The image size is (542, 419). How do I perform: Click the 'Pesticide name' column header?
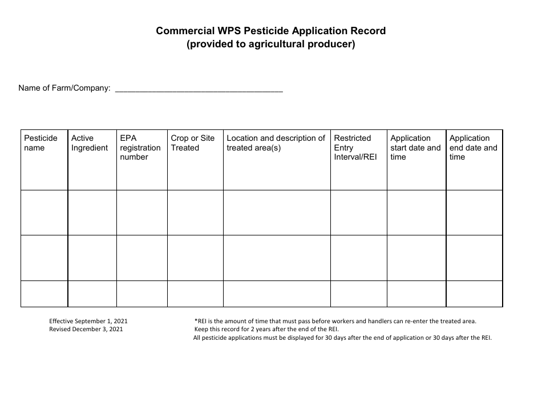coord(41,143)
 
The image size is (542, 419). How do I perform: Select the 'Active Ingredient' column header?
coord(89,143)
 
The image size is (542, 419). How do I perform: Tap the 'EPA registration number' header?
coord(140,148)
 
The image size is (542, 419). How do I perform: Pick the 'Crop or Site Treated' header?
coord(193,143)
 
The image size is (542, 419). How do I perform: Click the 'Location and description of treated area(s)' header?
coord(276,143)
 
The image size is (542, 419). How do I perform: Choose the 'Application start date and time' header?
coord(415,148)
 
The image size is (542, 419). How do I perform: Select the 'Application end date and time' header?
coord(473,148)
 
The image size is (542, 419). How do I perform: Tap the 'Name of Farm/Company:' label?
coord(64,88)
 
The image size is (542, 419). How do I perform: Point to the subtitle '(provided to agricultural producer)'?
coord(271,44)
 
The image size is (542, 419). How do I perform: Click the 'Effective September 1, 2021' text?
coord(92,322)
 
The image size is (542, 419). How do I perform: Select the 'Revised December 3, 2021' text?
coord(86,329)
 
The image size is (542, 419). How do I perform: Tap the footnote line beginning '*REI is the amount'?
coord(335,322)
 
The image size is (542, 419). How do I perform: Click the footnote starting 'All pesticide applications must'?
coord(342,337)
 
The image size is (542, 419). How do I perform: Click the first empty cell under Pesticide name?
coord(44,213)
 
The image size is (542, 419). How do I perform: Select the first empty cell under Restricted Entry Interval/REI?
coord(358,213)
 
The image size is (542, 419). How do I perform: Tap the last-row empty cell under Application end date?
coord(474,294)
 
